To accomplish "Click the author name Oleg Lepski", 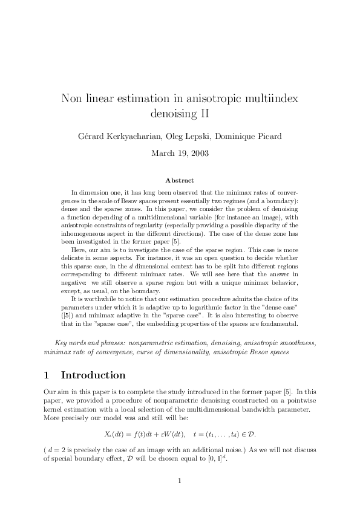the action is click(183, 135).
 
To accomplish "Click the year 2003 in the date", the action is click(199, 153).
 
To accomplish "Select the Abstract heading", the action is click(180, 180).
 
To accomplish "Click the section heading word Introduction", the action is click(93, 375).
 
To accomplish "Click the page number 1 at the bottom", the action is click(180, 481).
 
